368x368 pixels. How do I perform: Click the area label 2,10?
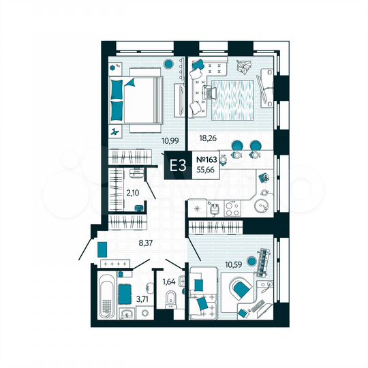(x=134, y=193)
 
